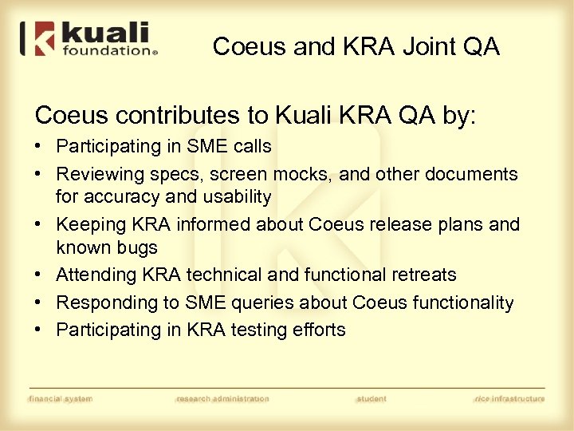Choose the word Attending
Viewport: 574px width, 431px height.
pyautogui.click(x=96, y=275)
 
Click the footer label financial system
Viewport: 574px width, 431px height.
pyautogui.click(x=60, y=398)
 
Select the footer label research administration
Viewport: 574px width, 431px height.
pyautogui.click(x=222, y=398)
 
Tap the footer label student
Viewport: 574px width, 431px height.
pyautogui.click(x=372, y=398)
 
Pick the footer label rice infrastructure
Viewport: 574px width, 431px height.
pyautogui.click(x=509, y=398)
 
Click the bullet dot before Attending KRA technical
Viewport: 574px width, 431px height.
pyautogui.click(x=40, y=275)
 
